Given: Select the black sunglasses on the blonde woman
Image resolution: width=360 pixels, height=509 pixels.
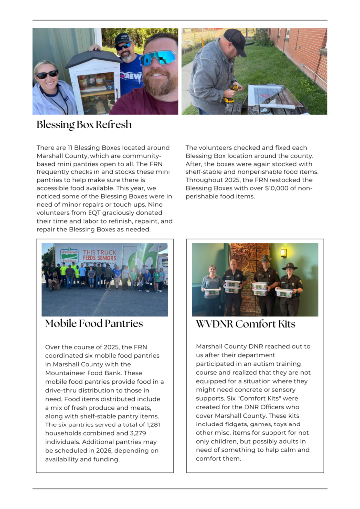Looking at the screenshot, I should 47,74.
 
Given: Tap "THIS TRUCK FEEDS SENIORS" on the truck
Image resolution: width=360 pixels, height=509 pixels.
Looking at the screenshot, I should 99,255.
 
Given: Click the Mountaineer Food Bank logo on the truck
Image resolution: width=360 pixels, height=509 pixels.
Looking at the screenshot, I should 69,255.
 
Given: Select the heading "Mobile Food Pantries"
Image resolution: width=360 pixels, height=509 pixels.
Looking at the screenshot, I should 94,324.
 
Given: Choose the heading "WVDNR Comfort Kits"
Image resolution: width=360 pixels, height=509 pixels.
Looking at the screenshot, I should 246,324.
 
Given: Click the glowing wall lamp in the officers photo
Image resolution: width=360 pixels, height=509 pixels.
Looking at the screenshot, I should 283,252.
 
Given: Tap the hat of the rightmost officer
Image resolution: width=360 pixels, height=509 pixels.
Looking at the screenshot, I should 290,266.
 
